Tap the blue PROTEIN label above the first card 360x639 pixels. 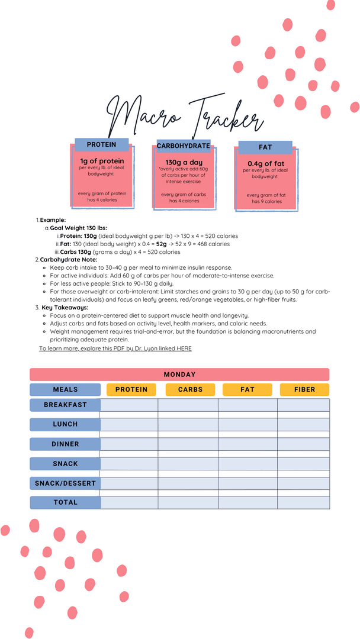coord(101,144)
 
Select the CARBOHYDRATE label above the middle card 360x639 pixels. coord(183,146)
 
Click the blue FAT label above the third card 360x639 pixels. coord(265,147)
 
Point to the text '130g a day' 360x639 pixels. coord(184,162)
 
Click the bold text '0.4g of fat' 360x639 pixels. coord(265,163)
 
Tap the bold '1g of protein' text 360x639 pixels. coord(102,161)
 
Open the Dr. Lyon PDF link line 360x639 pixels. coord(115,348)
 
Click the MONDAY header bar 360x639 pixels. coord(179,375)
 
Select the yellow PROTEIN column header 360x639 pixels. coord(131,389)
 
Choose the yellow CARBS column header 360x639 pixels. coord(190,389)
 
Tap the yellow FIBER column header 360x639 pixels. coord(304,389)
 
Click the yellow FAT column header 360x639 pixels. coord(247,389)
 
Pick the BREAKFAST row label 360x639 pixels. coord(65,405)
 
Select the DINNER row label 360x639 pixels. coord(65,444)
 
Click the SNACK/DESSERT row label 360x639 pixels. coord(65,483)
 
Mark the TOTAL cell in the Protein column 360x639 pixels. coord(129,502)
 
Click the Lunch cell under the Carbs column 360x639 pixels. coord(188,424)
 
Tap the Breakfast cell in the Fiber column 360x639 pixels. coord(303,405)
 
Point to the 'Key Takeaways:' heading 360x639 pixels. coord(65,308)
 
